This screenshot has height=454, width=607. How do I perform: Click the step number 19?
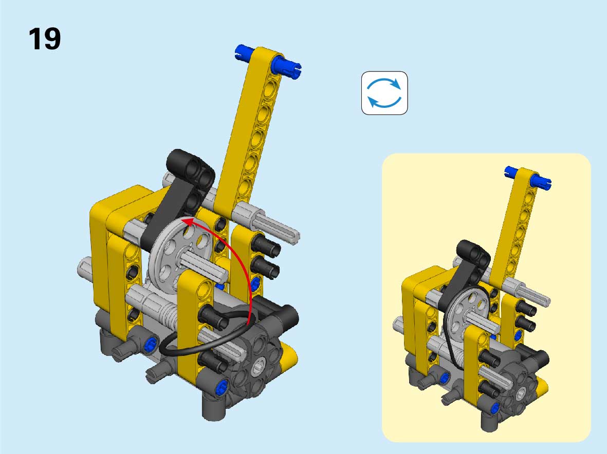coord(45,39)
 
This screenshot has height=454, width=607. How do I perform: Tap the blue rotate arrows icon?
coord(384,93)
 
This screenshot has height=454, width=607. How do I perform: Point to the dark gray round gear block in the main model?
coord(257,367)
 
